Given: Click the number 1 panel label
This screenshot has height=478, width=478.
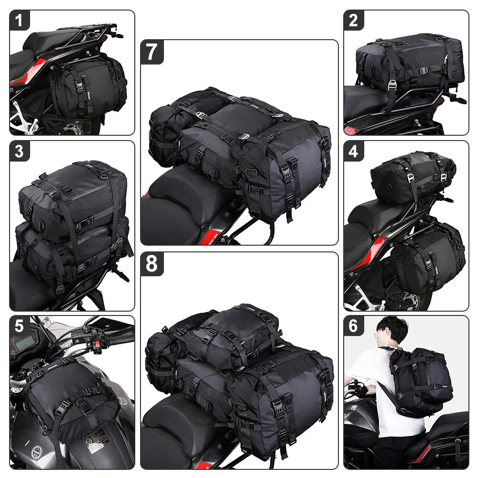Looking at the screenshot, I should (x=20, y=21).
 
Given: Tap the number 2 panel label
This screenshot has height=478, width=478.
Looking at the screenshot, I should (x=353, y=21).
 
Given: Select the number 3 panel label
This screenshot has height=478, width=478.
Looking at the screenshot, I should (x=20, y=151).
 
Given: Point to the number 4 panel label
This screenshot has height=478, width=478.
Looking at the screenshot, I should (x=353, y=151).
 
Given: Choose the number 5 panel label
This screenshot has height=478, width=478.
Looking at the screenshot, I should (x=20, y=326).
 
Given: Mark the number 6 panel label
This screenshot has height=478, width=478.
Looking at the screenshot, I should (x=353, y=326).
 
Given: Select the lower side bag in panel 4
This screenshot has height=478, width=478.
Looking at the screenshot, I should (x=428, y=258).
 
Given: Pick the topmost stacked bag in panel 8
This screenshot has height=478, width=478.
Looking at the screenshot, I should (x=232, y=335).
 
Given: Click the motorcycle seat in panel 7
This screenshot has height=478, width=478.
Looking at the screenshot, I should (x=184, y=201).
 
